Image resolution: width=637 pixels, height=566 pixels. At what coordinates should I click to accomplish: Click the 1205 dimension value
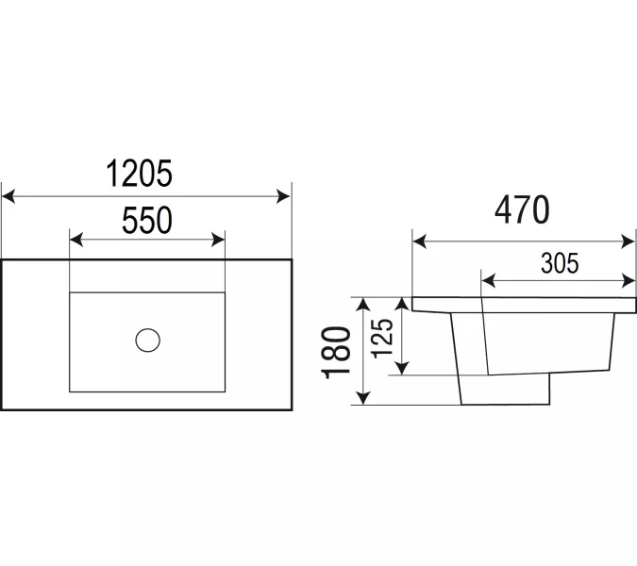140,174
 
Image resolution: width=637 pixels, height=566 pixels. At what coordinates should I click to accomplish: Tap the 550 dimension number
147,220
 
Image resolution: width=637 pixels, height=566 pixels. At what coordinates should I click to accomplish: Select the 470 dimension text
522,209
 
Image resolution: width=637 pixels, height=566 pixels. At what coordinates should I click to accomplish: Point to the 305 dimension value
560,263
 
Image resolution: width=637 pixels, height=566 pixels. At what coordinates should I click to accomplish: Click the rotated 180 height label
336,352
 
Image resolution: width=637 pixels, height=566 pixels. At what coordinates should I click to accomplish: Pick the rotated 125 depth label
382,338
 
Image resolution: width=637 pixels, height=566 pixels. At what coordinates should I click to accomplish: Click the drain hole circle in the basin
147,341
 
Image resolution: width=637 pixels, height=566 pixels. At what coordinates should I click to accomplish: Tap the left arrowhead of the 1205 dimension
8,196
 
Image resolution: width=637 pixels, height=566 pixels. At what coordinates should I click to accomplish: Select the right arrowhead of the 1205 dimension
283,196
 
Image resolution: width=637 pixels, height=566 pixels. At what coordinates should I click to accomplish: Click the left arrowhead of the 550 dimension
76,240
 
